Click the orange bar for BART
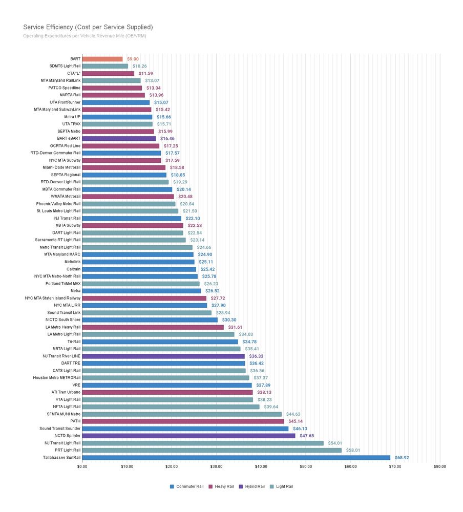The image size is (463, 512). click(x=102, y=59)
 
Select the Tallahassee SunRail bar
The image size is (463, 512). click(x=236, y=458)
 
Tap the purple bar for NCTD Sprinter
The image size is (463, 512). click(x=188, y=436)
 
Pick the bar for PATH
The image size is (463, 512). click(x=183, y=421)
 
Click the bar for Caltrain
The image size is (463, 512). click(x=139, y=269)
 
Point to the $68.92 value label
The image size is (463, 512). click(x=402, y=458)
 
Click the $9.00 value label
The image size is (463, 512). click(x=133, y=59)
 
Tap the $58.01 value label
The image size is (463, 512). click(x=353, y=451)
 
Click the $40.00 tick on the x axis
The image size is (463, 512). click(x=261, y=466)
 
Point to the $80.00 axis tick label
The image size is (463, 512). click(x=439, y=466)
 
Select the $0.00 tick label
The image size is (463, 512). click(x=82, y=466)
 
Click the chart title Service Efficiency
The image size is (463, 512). click(x=88, y=27)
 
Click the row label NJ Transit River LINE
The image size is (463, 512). click(x=61, y=356)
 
